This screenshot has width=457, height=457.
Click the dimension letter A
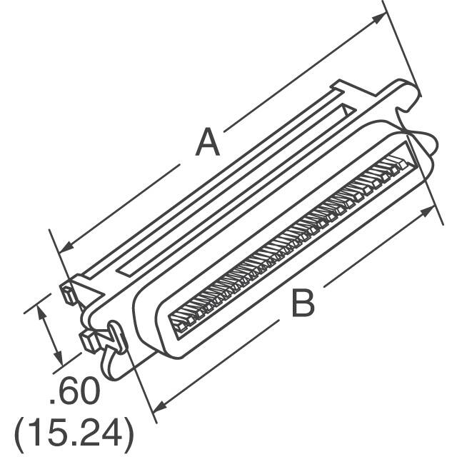pyautogui.click(x=208, y=142)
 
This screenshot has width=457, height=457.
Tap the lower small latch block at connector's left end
pyautogui.click(x=86, y=339)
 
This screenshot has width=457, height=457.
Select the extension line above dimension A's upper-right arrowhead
pyautogui.click(x=392, y=29)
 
